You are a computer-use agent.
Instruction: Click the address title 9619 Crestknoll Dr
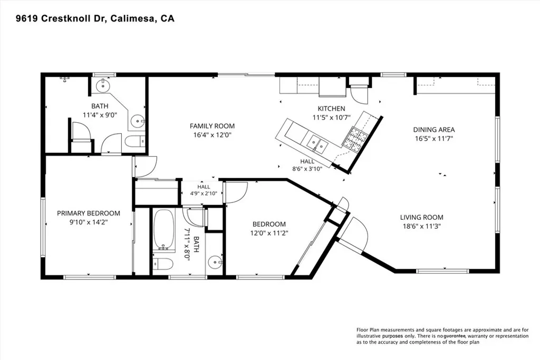point(61,18)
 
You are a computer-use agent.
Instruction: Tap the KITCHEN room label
point(331,109)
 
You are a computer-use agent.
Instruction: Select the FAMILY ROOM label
point(212,126)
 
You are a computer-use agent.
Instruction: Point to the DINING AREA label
point(434,130)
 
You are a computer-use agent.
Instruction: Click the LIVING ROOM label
point(421,217)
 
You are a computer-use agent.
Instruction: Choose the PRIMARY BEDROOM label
point(89,213)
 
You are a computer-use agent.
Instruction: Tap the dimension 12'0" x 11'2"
point(269,233)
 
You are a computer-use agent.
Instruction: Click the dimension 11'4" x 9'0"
point(100,115)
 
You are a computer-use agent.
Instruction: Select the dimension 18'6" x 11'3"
point(421,227)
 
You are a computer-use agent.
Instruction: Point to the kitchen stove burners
point(354,138)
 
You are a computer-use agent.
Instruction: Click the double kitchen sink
point(317,143)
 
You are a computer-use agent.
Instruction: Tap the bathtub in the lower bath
point(163,230)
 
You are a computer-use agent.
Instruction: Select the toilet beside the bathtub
point(162,264)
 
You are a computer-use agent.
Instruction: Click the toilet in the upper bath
point(134,141)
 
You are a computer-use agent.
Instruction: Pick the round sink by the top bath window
point(102,85)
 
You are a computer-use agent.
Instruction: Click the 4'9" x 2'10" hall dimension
point(204,193)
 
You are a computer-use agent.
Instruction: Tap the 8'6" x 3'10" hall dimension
point(307,169)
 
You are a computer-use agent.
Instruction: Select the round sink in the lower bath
point(216,262)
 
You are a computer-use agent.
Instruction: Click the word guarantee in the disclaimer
point(455,336)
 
